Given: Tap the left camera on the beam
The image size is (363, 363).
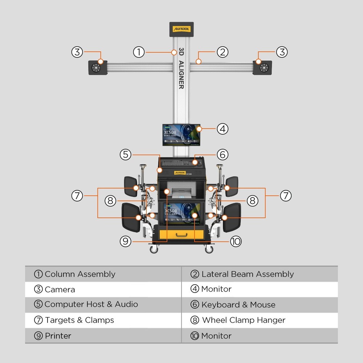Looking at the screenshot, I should pyautogui.click(x=98, y=68).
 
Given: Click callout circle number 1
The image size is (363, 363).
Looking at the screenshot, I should pyautogui.click(x=139, y=52).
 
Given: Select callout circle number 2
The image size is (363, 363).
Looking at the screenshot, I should pyautogui.click(x=223, y=52).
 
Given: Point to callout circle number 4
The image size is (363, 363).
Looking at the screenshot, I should pyautogui.click(x=223, y=129).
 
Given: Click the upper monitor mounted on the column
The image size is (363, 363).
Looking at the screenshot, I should pyautogui.click(x=181, y=134).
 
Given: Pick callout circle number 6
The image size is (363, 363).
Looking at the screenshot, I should pyautogui.click(x=223, y=154).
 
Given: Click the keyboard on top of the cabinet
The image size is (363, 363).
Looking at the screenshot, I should pyautogui.click(x=177, y=163).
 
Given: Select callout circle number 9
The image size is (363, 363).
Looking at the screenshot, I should pyautogui.click(x=125, y=241).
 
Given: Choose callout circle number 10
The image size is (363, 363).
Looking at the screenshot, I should pyautogui.click(x=236, y=241).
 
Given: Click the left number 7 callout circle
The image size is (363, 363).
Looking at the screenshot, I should pyautogui.click(x=77, y=196).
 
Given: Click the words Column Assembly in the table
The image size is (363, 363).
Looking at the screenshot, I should pyautogui.click(x=80, y=274).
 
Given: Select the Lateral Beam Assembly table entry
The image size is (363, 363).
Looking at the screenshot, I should pyautogui.click(x=248, y=274).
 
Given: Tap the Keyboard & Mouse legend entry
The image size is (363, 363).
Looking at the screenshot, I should pyautogui.click(x=238, y=305).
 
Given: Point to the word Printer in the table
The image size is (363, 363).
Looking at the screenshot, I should pyautogui.click(x=58, y=336).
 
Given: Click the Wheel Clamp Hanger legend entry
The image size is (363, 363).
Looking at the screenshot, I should pyautogui.click(x=244, y=320).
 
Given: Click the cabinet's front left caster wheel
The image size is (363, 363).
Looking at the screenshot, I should pyautogui.click(x=154, y=249).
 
